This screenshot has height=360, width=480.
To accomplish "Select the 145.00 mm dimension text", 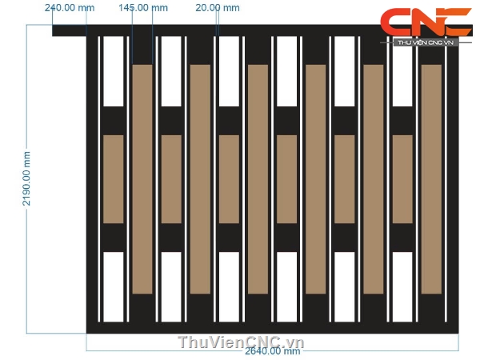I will [142, 8].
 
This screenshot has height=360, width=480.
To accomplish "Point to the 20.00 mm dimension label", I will [217, 8].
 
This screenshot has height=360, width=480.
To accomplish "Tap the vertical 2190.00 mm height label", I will [26, 179].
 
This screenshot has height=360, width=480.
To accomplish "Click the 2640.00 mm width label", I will [272, 351].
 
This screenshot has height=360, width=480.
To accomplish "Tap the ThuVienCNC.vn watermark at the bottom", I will [242, 342].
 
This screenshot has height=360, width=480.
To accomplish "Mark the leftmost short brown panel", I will [114, 179].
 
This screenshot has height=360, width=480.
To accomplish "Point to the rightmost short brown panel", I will [402, 179].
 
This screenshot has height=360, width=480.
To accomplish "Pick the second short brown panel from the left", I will [171, 179].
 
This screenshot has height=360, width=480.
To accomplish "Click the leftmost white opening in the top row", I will [114, 71].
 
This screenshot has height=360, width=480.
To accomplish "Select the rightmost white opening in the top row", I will [402, 71].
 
